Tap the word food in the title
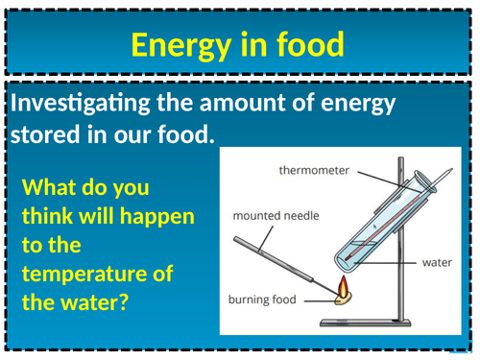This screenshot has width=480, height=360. pos(306,44)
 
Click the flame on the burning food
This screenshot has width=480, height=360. pos(342,284)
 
